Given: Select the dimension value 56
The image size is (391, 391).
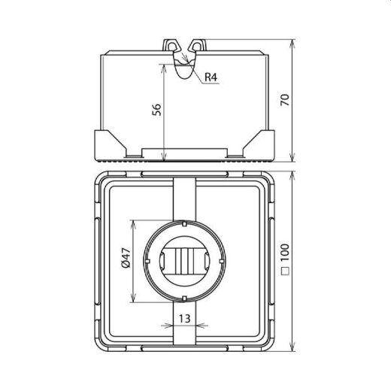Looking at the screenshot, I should point(156,110).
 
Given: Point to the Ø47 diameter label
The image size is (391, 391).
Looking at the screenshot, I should point(126,260).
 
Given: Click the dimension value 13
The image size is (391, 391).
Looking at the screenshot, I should point(183,318).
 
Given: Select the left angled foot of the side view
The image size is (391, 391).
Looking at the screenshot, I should point(109,143).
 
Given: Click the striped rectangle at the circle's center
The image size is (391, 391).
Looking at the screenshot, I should point(184,260).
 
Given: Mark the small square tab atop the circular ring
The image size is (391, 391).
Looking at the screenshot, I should point(184,223).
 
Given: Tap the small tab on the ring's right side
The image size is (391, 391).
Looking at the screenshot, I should point(220,260).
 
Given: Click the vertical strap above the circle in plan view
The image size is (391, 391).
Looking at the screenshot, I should point(184,197).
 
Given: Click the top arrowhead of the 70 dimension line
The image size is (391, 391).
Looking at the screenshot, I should point(291,41).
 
